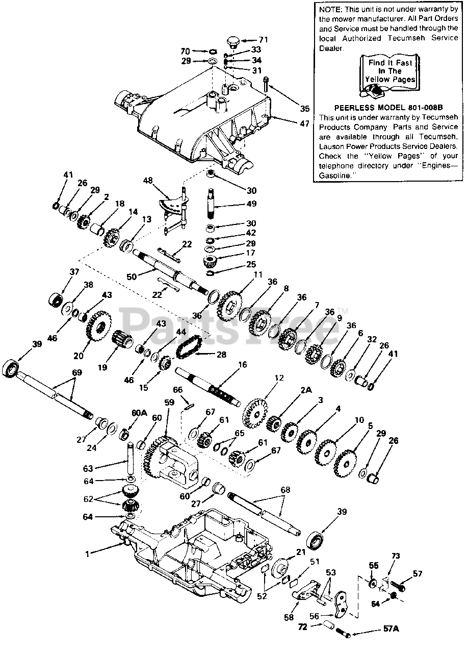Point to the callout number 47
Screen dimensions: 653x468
tap(304, 123)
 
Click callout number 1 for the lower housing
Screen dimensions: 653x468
tap(87, 553)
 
